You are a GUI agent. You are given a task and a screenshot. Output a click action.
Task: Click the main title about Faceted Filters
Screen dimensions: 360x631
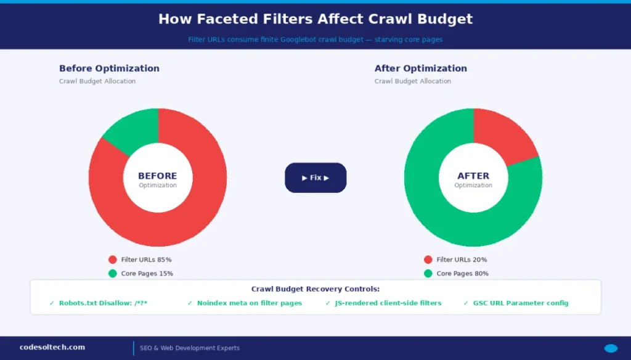315,19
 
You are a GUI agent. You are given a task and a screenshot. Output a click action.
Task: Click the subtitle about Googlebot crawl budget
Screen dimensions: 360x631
315,39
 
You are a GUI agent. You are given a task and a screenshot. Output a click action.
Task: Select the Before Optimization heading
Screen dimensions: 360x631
109,68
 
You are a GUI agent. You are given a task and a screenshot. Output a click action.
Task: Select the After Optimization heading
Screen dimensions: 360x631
421,68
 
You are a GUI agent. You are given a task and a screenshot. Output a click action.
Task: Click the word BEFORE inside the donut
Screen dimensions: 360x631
158,176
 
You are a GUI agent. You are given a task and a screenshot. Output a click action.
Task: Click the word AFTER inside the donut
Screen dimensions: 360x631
473,176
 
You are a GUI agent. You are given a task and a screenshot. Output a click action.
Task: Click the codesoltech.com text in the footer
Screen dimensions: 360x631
52,348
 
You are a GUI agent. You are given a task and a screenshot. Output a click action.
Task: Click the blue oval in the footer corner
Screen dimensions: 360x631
611,348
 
